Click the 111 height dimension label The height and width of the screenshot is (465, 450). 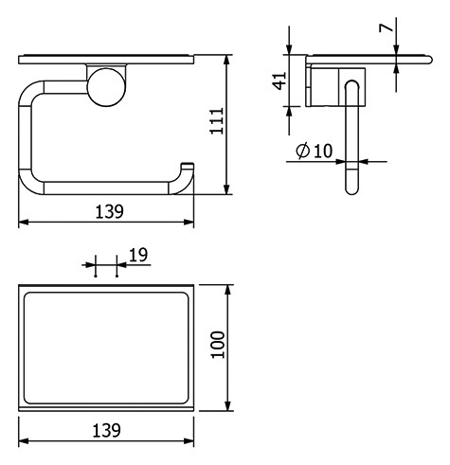217,121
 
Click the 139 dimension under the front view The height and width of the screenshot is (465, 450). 109,211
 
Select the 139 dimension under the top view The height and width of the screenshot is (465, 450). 106,430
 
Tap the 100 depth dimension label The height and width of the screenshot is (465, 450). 218,345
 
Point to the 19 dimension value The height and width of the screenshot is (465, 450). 138,255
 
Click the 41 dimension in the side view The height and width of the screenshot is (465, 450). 279,80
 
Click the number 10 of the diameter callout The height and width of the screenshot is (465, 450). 323,151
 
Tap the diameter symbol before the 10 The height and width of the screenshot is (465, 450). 302,150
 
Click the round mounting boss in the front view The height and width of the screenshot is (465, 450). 106,87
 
